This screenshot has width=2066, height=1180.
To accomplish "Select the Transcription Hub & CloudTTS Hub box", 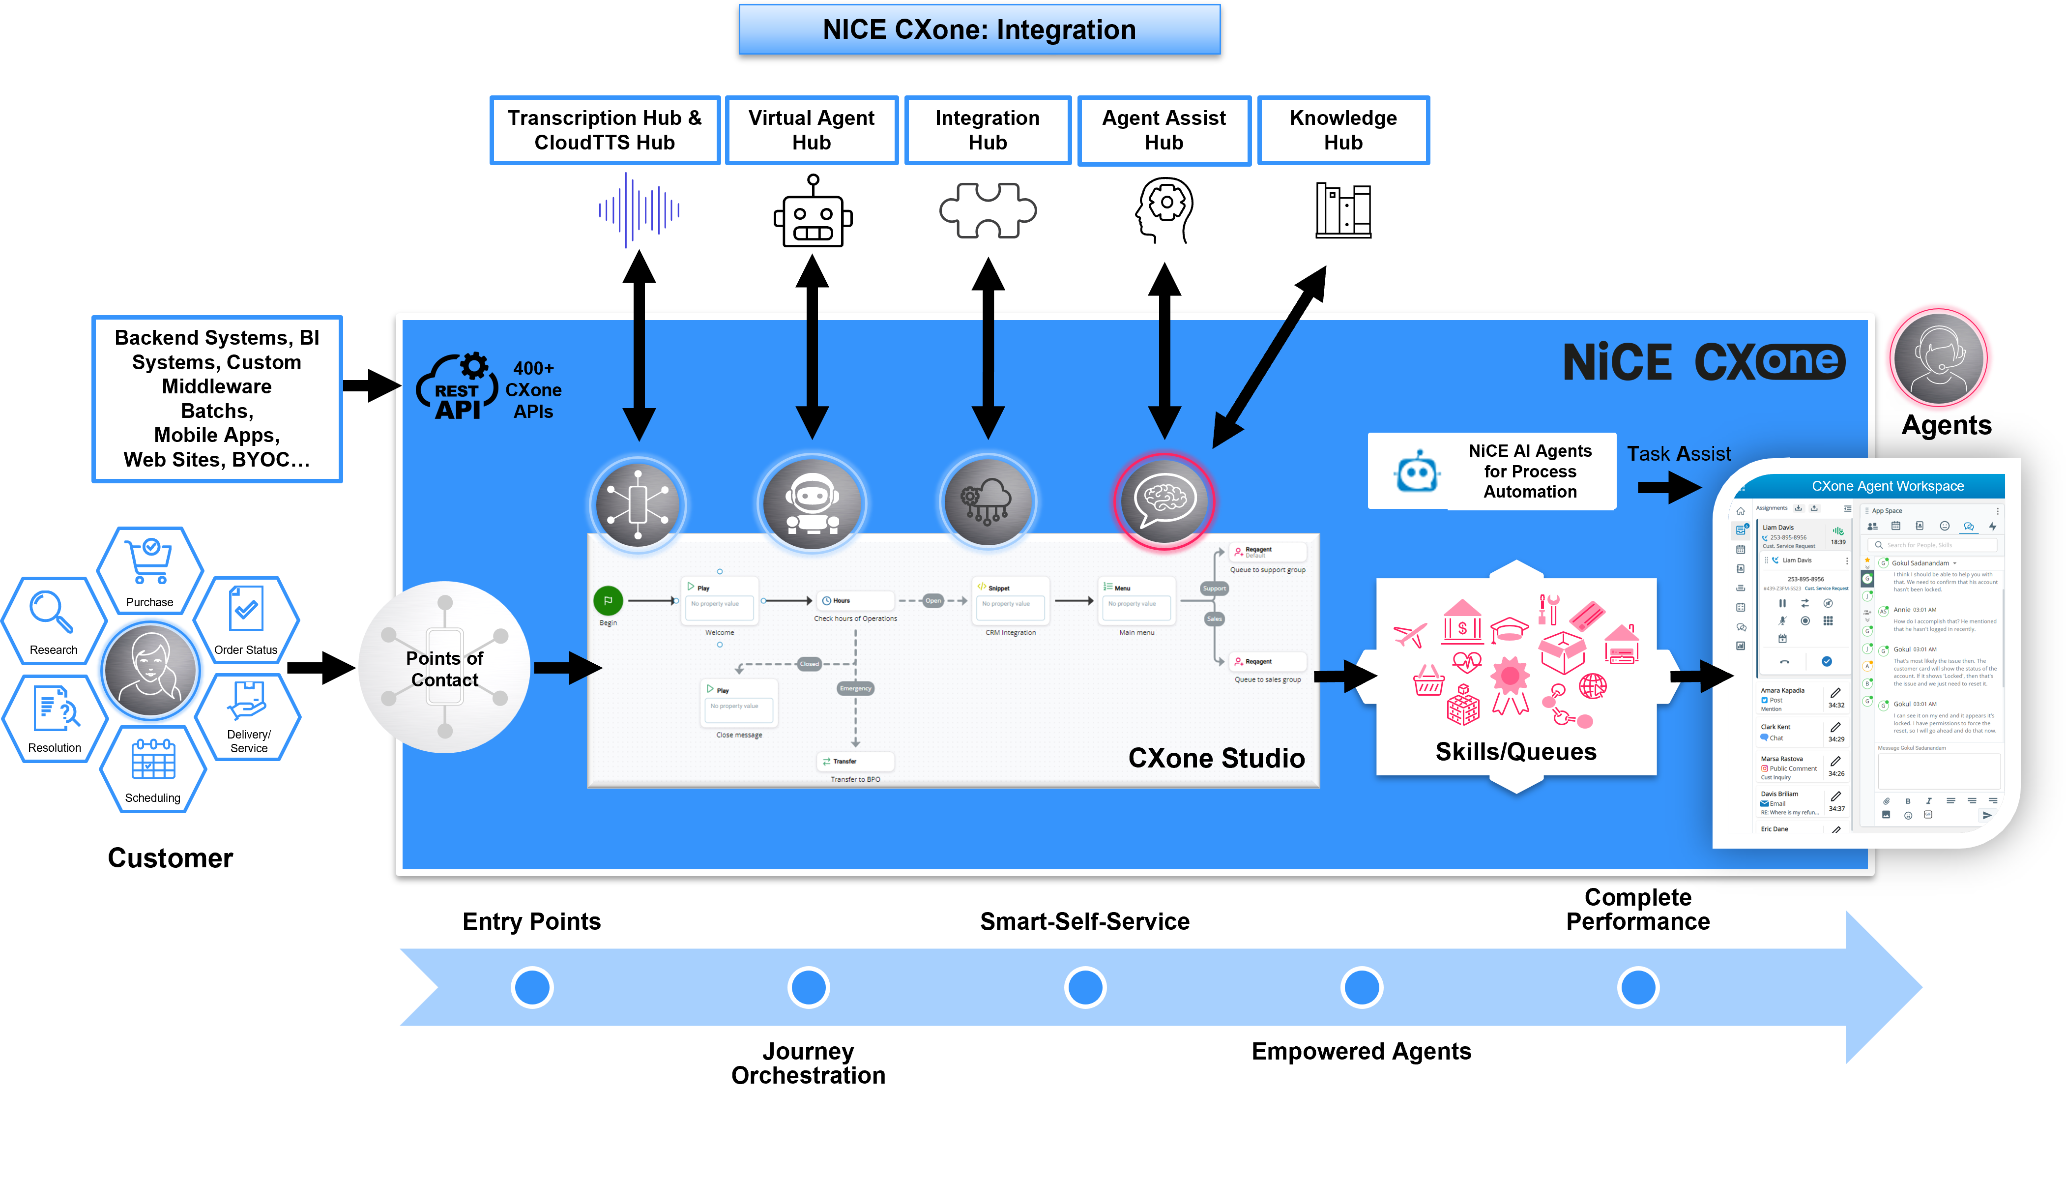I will (x=605, y=130).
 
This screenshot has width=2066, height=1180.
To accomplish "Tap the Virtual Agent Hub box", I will (x=811, y=130).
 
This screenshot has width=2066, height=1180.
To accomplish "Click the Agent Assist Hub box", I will (x=1164, y=130).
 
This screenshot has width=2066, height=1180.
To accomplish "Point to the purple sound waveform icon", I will (x=639, y=210).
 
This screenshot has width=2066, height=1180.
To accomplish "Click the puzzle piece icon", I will (x=988, y=211).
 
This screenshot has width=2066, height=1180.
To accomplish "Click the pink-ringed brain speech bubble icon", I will (x=1164, y=501).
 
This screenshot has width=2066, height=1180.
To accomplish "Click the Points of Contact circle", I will (x=444, y=668).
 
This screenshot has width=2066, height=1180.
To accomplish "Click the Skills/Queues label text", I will (x=1515, y=752).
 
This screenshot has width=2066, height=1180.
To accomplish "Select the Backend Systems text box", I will (x=217, y=399).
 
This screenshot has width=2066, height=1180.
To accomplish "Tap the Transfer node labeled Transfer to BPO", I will (x=855, y=762).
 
